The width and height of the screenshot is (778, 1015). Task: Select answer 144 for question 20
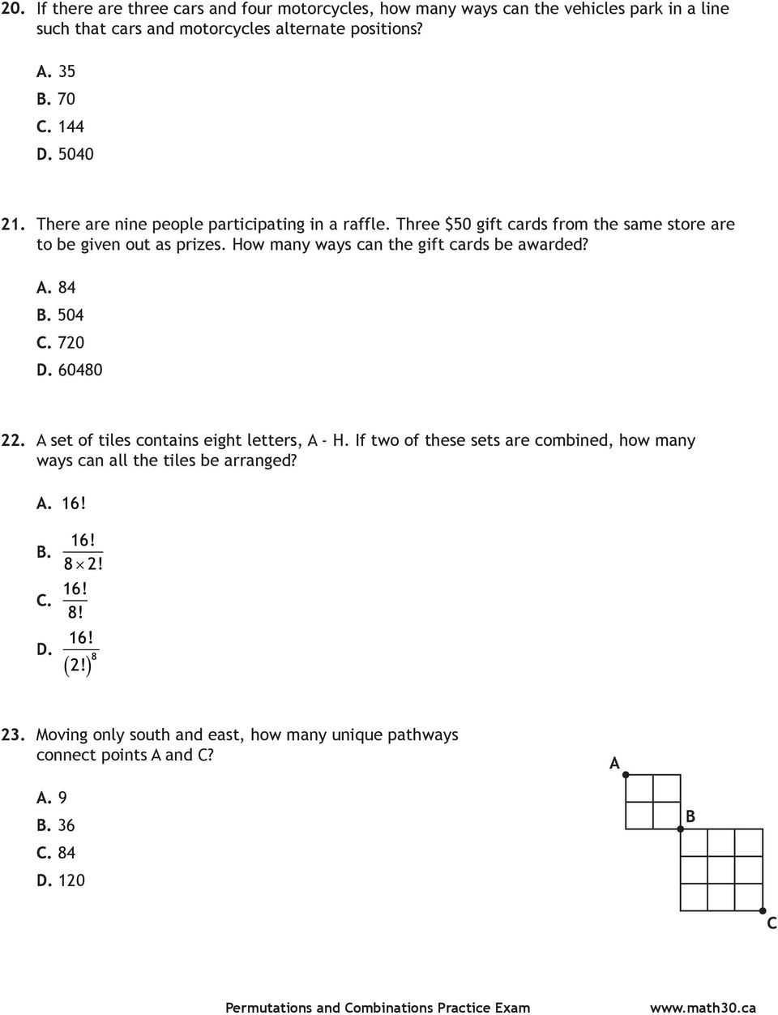pos(71,126)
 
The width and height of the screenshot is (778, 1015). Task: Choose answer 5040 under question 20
pos(75,154)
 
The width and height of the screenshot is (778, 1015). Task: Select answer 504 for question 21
pos(71,315)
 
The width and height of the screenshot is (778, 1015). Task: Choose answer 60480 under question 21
pos(79,370)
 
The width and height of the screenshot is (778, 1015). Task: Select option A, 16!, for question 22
pos(73,503)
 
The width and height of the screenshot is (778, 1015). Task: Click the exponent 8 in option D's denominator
pos(95,655)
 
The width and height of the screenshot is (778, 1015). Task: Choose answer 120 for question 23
pos(71,880)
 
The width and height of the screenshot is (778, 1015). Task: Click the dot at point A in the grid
pos(626,775)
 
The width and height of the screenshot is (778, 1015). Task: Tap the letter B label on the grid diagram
pos(690,816)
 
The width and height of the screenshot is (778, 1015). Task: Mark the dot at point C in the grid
pos(763,910)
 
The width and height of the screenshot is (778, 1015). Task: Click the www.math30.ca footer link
pos(703,1008)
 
